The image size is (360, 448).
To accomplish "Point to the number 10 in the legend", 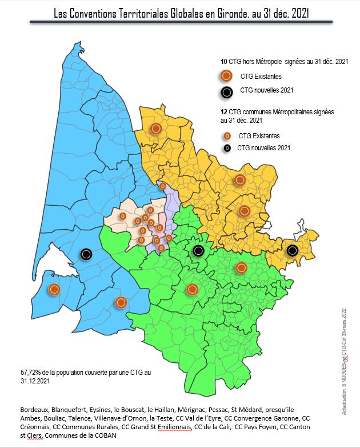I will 223,61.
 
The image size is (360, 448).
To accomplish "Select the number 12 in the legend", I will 223,112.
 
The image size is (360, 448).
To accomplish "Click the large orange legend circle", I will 226,75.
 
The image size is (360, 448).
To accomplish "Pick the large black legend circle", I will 226,91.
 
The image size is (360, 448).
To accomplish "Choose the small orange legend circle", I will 226,136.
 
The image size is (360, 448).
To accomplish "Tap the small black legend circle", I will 226,148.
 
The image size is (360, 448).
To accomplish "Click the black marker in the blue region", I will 86,253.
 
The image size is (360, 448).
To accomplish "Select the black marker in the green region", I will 198,250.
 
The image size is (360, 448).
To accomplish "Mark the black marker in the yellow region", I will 293,250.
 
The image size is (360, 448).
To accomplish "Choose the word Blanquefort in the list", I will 75,410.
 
